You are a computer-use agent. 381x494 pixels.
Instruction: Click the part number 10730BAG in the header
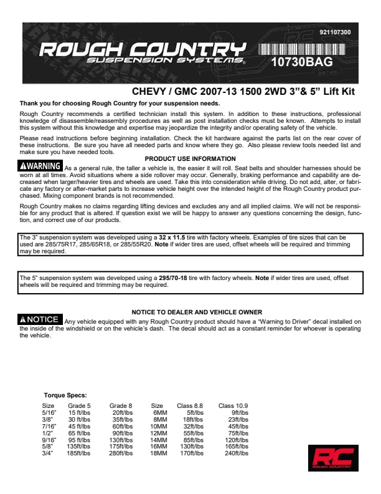tap(302, 62)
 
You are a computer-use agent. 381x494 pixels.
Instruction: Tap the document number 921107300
tap(334, 32)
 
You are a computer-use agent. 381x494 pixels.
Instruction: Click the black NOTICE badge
tap(40, 319)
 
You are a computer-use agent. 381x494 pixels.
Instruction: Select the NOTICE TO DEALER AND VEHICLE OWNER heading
tap(197, 312)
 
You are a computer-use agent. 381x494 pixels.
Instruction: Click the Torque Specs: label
tap(65, 395)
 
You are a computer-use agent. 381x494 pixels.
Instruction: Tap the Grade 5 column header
tap(80, 405)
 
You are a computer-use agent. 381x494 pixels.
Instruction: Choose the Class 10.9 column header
tap(233, 405)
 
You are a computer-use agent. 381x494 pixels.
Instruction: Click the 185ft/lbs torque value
tap(78, 453)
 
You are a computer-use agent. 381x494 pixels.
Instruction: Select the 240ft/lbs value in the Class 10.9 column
tap(236, 453)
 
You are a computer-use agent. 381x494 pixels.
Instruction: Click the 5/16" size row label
tap(49, 412)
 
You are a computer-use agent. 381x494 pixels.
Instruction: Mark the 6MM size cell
tap(159, 412)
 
